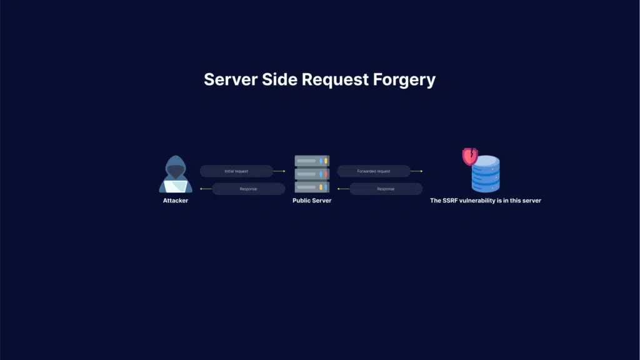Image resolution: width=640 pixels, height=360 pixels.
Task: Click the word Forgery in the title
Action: (x=404, y=80)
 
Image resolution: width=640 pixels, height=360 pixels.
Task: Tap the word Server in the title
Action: (x=231, y=79)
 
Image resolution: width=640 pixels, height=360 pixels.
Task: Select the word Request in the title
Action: (x=335, y=80)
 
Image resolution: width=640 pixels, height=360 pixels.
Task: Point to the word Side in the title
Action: (x=279, y=79)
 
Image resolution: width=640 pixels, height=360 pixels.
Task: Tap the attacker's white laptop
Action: (x=176, y=186)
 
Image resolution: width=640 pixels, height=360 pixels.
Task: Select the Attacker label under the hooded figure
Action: (x=176, y=201)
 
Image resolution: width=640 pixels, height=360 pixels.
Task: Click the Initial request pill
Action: (x=236, y=171)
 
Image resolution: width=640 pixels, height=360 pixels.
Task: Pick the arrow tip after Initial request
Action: (x=284, y=171)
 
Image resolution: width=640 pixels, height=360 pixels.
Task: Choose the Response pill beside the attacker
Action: (x=249, y=189)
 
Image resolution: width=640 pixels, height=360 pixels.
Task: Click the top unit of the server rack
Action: (x=312, y=161)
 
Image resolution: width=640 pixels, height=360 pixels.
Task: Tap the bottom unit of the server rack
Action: (x=312, y=187)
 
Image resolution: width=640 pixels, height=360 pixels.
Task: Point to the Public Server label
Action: (x=312, y=201)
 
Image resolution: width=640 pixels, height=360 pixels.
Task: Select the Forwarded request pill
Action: (x=374, y=171)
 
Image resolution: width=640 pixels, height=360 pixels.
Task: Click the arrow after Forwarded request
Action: (x=416, y=171)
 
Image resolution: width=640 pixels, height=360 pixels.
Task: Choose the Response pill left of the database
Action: (x=386, y=189)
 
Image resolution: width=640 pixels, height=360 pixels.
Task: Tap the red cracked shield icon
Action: (x=470, y=156)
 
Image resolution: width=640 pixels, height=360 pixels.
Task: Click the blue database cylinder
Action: (x=486, y=174)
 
